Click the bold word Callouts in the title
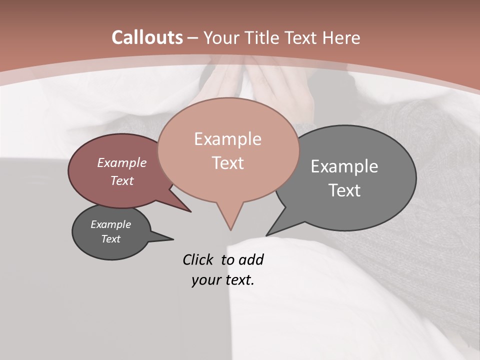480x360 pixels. coord(147,37)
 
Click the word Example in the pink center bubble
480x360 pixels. coord(227,139)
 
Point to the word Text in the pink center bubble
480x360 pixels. coord(227,163)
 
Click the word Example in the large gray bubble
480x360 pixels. coord(344,166)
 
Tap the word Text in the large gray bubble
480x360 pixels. coord(344,190)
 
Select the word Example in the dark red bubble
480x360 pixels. coord(122,163)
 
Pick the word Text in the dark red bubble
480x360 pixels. coord(122,180)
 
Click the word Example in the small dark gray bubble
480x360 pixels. coord(111,224)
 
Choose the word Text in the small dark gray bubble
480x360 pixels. coord(111,239)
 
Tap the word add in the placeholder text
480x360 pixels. coord(251,259)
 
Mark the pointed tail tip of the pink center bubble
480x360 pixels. coord(230,230)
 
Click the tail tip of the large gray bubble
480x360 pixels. coord(266,235)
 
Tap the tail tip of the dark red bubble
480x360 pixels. coord(191,212)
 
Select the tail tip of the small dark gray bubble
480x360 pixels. coord(173,239)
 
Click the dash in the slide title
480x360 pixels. coord(193,38)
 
